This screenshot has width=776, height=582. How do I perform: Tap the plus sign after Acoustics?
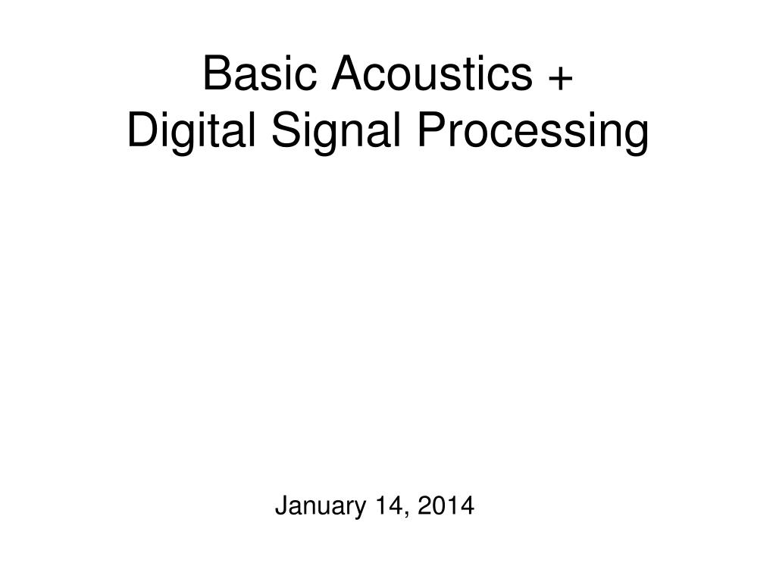click(x=560, y=76)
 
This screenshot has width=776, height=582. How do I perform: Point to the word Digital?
click(x=182, y=133)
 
